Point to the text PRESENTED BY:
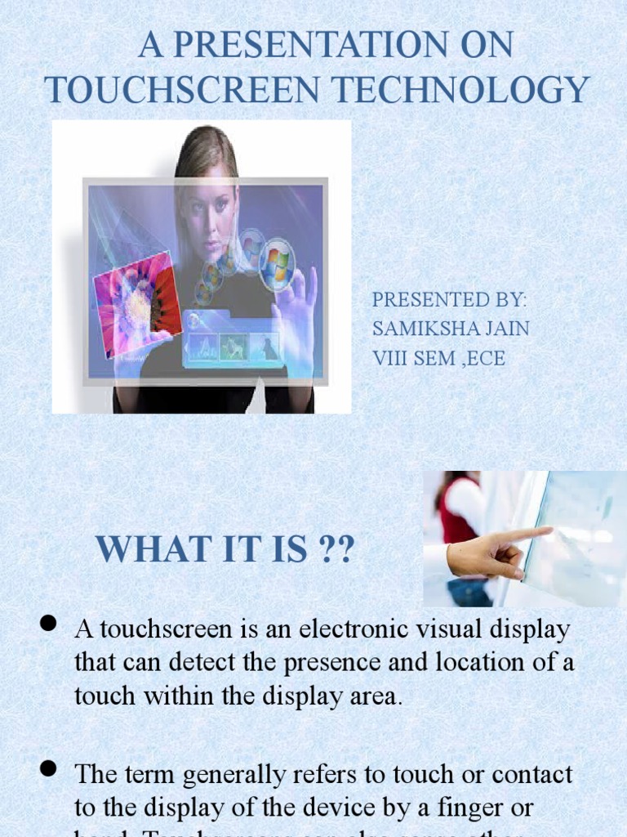point(450,299)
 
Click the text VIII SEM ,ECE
point(439,358)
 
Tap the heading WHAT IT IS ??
point(225,548)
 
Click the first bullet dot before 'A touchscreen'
point(48,624)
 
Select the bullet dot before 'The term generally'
point(48,768)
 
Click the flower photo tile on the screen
point(137,302)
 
